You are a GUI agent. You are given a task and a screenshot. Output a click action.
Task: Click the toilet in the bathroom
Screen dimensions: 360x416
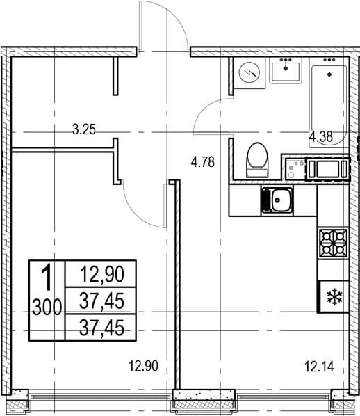pyautogui.click(x=257, y=160)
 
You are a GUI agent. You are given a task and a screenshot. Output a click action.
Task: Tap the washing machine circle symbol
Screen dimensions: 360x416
pyautogui.click(x=249, y=72)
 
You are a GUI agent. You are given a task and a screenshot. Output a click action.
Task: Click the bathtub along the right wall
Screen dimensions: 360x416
pyautogui.click(x=329, y=106)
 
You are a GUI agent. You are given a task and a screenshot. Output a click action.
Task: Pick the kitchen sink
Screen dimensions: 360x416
pyautogui.click(x=277, y=200)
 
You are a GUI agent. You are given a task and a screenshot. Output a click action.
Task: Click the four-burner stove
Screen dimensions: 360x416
pyautogui.click(x=333, y=243)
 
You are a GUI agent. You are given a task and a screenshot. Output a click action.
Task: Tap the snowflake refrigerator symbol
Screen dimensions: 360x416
pyautogui.click(x=335, y=297)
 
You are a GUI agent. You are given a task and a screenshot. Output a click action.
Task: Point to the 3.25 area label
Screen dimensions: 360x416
pyautogui.click(x=84, y=131)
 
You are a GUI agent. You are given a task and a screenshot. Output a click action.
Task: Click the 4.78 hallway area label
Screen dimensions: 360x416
pyautogui.click(x=202, y=162)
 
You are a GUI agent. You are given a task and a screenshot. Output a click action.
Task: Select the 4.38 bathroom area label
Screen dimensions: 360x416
pyautogui.click(x=321, y=137)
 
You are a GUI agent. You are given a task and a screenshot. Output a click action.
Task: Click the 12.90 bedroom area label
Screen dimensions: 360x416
pyautogui.click(x=143, y=366)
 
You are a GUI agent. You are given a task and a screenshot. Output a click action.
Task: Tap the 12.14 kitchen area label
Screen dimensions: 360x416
pyautogui.click(x=319, y=367)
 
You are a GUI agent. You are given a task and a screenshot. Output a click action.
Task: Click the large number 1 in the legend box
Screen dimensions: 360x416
pyautogui.click(x=48, y=278)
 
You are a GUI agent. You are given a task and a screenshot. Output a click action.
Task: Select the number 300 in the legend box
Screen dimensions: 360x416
pyautogui.click(x=47, y=307)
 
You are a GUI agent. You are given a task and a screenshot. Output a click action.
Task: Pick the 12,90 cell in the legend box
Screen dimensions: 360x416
pyautogui.click(x=101, y=274)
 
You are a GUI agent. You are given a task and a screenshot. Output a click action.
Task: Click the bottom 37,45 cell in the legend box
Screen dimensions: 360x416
pyautogui.click(x=101, y=328)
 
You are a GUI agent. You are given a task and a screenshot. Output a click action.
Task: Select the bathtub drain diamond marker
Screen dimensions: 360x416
pyautogui.click(x=329, y=74)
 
